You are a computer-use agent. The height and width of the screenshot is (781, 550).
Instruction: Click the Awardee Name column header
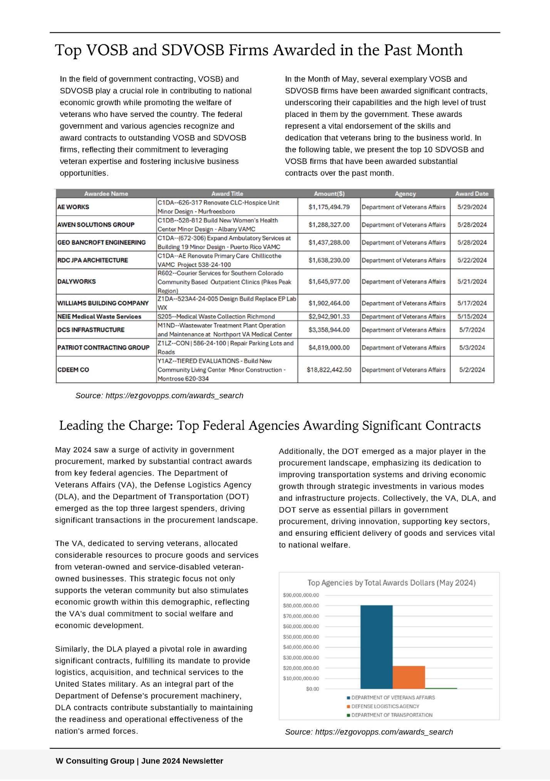coord(106,194)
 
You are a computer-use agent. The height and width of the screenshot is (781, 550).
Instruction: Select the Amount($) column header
coord(329,194)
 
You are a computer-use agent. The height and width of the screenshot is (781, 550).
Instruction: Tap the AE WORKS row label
coord(73,207)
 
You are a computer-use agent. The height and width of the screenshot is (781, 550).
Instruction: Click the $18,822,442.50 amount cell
coord(329,370)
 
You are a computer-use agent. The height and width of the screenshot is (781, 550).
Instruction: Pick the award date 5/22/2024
coord(472,260)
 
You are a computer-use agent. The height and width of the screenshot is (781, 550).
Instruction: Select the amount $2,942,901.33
coord(329,317)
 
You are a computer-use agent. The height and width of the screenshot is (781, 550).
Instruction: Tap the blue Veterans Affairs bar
coord(376,647)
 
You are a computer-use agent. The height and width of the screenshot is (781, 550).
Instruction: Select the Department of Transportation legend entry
coord(391,715)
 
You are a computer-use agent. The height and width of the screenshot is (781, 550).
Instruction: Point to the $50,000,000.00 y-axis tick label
coord(301,637)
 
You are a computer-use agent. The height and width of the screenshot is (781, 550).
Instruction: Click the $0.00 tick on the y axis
coord(312,689)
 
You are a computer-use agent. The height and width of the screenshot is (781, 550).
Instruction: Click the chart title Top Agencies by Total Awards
coord(391,583)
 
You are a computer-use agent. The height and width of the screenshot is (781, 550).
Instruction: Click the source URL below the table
coord(174,396)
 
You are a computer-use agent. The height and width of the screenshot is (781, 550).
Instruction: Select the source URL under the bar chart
coord(384,732)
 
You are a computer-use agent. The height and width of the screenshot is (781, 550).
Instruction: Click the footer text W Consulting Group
coord(95,761)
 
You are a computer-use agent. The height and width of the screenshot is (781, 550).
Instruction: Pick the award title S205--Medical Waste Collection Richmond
coord(216,317)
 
